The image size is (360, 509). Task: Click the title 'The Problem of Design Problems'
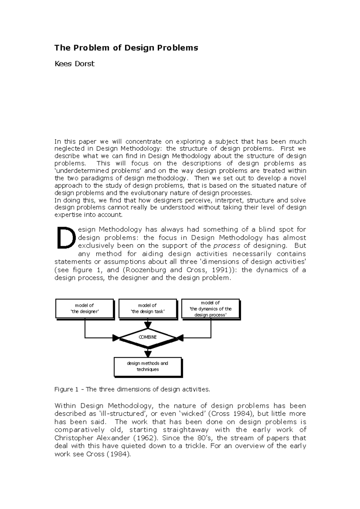point(126,48)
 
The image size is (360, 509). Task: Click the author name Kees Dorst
point(74,64)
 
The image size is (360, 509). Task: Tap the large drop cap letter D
point(65,238)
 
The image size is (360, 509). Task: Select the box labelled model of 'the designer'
point(84,308)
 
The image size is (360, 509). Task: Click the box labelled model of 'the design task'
point(147,308)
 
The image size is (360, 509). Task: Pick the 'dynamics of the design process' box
point(210,308)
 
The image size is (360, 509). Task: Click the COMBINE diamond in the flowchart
point(148,337)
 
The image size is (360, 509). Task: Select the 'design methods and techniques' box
point(148,366)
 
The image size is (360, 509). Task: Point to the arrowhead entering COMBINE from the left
point(116,338)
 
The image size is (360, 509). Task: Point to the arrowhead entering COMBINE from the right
point(179,338)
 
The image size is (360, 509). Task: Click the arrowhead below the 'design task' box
point(148,325)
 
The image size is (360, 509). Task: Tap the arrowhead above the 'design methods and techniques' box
point(148,353)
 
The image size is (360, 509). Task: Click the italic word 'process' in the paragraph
point(226,246)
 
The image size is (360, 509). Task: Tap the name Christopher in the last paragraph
point(73,438)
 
